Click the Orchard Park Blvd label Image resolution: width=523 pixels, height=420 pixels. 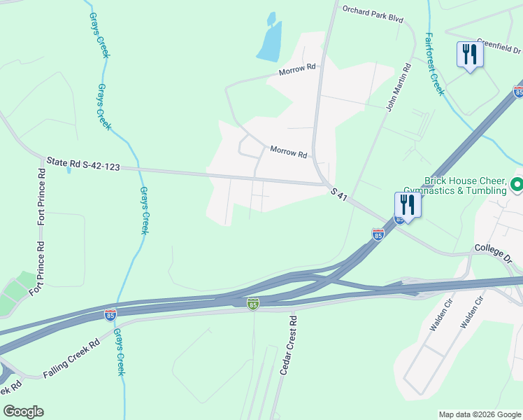click(373, 15)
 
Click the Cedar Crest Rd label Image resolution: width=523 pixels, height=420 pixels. click(288, 344)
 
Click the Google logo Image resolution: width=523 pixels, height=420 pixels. click(23, 411)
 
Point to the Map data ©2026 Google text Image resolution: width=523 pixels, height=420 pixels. click(479, 414)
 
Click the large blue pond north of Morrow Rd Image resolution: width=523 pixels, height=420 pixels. click(270, 41)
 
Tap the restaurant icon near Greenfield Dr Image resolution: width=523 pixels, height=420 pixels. click(469, 54)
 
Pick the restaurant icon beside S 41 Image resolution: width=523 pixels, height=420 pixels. click(408, 204)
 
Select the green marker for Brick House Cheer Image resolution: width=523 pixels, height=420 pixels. click(517, 185)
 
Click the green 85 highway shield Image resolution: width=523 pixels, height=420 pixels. click(253, 303)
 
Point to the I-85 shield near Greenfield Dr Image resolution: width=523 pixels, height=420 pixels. click(518, 92)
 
